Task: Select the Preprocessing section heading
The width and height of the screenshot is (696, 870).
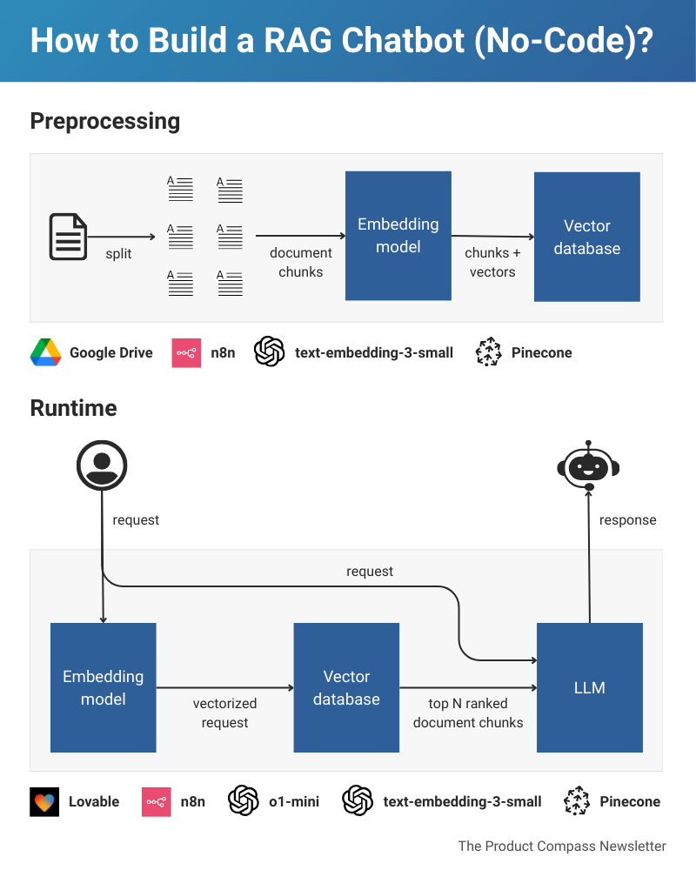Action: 104,121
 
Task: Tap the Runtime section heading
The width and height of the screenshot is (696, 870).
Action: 73,408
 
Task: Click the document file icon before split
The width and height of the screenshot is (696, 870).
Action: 68,237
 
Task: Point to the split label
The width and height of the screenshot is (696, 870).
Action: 119,253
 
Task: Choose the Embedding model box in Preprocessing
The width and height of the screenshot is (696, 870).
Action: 398,236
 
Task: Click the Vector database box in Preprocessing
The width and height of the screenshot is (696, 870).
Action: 586,237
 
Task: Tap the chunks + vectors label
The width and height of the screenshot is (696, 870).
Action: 492,263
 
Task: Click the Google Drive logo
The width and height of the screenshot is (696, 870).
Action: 45,352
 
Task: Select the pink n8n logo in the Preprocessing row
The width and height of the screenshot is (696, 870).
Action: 186,352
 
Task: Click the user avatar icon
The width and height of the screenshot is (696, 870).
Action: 102,465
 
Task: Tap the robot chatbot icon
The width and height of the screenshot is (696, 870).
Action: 588,467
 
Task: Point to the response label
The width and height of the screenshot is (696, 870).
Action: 627,520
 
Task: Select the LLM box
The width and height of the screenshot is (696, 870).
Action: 589,687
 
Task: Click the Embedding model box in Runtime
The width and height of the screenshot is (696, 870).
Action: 103,687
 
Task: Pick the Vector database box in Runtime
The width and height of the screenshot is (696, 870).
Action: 346,687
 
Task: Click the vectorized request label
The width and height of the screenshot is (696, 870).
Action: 224,713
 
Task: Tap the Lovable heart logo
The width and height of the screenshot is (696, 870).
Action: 44,801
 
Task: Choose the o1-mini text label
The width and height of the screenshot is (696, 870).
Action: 295,801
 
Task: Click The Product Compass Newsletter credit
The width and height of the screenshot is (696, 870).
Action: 562,846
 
